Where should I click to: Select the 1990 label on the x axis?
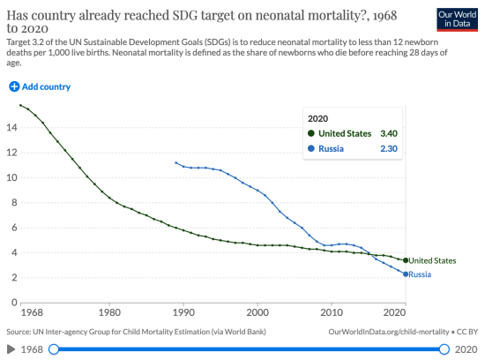(x=183, y=311)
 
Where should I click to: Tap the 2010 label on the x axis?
(x=332, y=311)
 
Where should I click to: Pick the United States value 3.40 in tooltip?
(x=389, y=133)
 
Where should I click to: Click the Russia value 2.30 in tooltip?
(x=389, y=149)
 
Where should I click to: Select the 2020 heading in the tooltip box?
(x=317, y=116)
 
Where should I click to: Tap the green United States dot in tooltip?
(x=310, y=133)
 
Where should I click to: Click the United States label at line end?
(x=432, y=260)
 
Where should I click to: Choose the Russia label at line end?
(x=420, y=274)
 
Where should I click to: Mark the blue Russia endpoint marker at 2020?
(x=406, y=274)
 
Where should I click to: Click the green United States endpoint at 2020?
(x=406, y=260)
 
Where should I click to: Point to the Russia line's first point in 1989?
(x=175, y=162)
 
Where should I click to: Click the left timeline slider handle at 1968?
(x=52, y=349)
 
